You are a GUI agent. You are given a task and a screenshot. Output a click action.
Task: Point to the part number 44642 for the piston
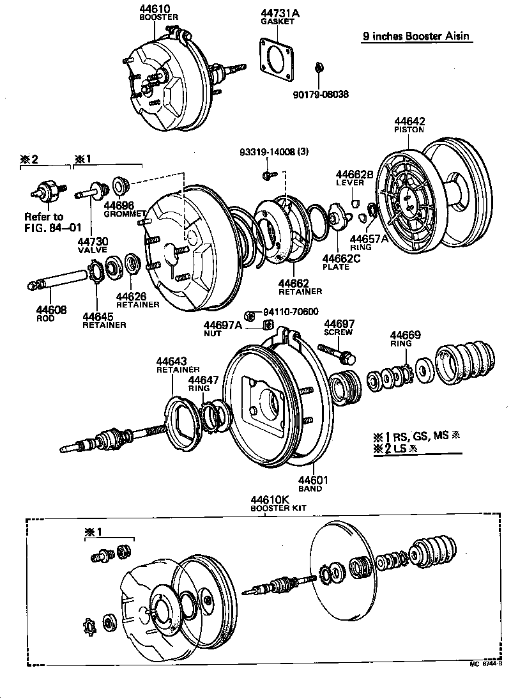[409, 121]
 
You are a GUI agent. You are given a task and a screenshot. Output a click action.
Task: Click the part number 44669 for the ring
[406, 335]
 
